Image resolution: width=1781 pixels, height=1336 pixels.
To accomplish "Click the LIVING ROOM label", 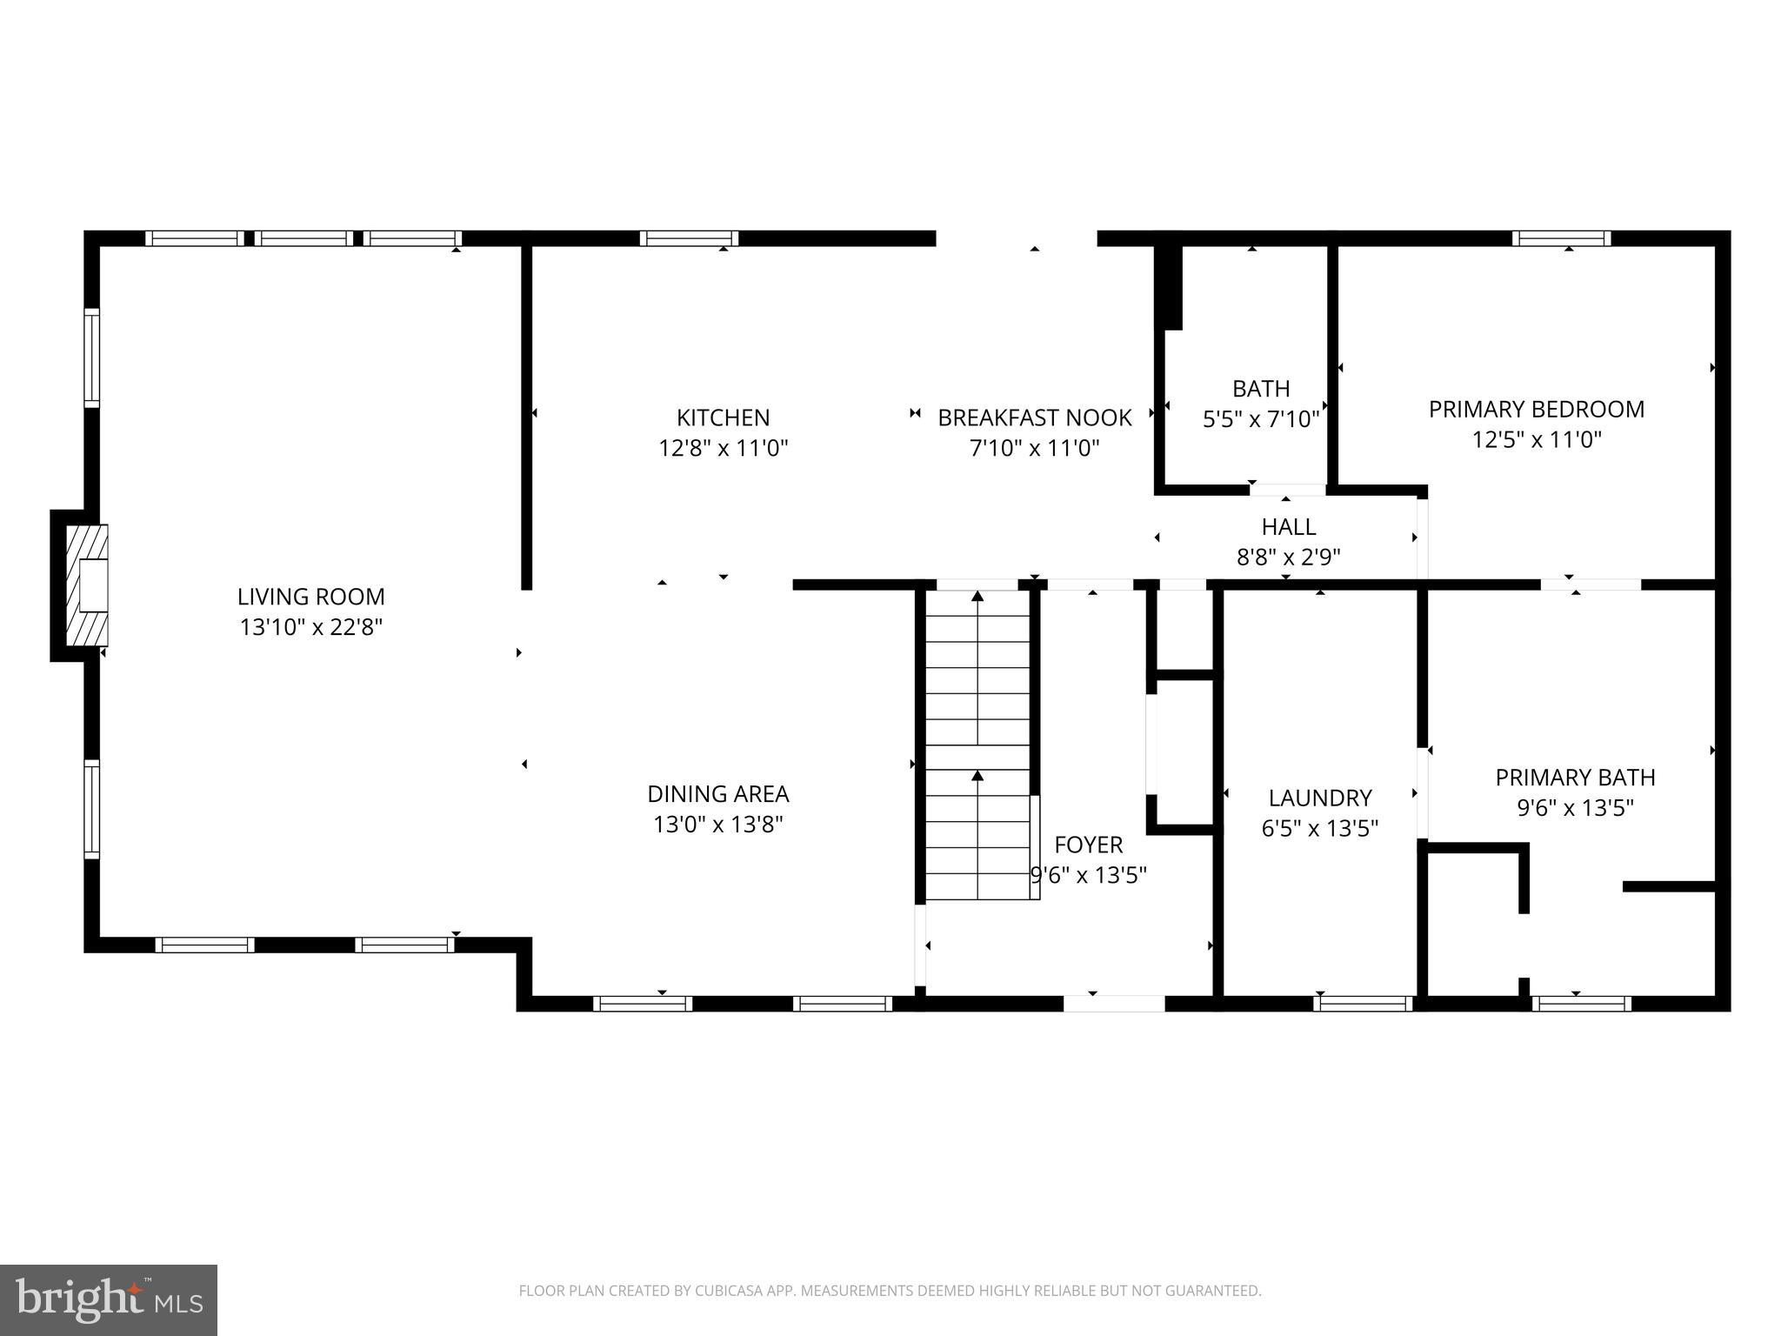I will click(x=310, y=597).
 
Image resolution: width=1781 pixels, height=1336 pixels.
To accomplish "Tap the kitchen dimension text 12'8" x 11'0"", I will click(x=723, y=448).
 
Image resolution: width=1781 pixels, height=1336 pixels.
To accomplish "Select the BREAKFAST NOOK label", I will click(x=1034, y=418).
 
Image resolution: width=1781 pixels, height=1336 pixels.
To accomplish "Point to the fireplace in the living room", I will click(x=87, y=584).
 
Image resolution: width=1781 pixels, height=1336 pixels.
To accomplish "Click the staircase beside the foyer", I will click(x=977, y=745).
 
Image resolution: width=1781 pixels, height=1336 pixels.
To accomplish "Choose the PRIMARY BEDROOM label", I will click(x=1536, y=409).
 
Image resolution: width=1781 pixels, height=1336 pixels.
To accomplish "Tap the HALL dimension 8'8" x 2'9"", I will click(x=1288, y=557).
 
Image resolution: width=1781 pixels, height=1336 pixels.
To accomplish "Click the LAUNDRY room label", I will click(x=1319, y=798).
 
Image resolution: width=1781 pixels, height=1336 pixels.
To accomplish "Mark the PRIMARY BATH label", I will click(x=1574, y=777).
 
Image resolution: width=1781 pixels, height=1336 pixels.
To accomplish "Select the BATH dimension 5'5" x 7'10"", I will click(x=1260, y=419).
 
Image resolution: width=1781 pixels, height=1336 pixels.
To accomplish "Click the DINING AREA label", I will click(x=717, y=793).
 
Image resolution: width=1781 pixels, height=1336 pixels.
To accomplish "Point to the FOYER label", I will click(x=1088, y=845).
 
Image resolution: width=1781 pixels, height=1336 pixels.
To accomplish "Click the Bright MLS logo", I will click(x=108, y=1299).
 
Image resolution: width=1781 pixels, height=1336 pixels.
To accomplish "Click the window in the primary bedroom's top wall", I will click(x=1561, y=238).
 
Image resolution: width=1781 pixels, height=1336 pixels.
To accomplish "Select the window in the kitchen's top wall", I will click(x=689, y=238).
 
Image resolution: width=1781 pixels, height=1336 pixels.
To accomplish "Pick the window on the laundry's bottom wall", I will click(x=1362, y=1004).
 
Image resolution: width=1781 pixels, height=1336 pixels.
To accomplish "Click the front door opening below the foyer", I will click(x=1113, y=1004).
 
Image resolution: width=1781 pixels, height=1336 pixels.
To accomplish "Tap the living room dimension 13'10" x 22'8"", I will click(x=310, y=627).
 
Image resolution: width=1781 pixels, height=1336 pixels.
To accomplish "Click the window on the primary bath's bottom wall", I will click(x=1581, y=1004).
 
